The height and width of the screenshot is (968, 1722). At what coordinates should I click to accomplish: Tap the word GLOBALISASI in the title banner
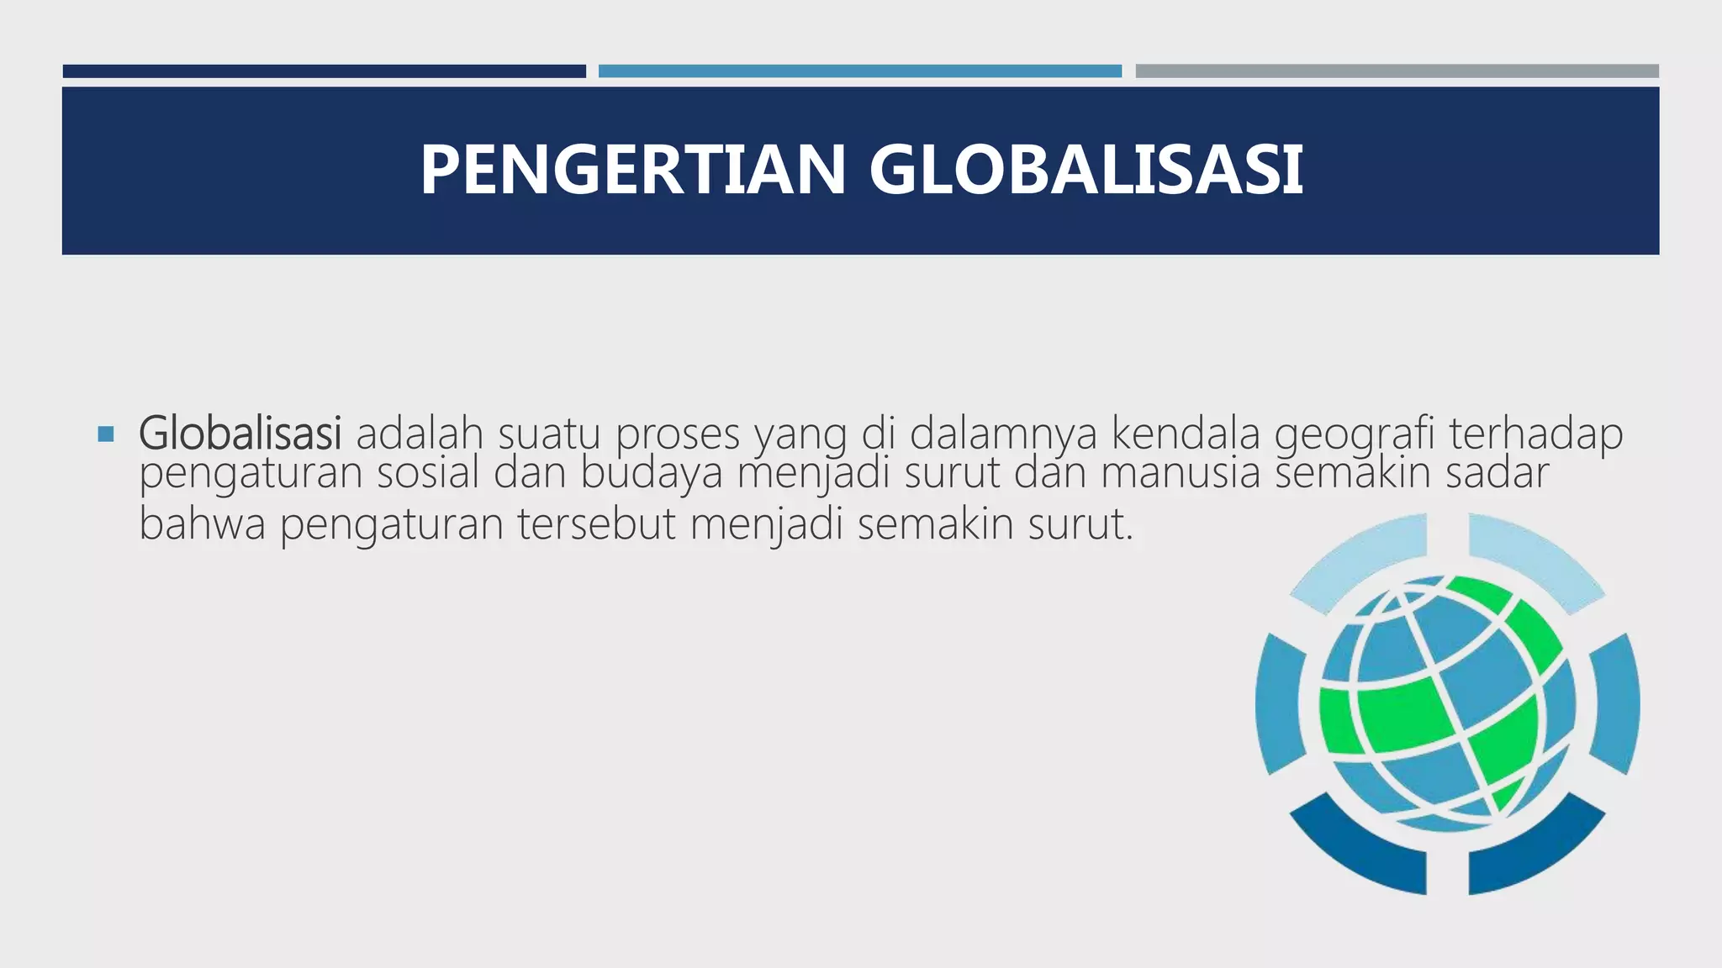tap(1085, 171)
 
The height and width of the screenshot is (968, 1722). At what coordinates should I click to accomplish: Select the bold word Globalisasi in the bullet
tap(240, 434)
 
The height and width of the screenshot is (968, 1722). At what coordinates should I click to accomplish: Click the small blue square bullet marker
tap(105, 434)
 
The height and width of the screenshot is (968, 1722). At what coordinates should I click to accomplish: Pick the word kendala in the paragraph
tap(1186, 434)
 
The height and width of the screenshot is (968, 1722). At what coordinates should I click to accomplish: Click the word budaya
tap(652, 473)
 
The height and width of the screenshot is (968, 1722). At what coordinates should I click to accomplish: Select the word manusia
tap(1181, 473)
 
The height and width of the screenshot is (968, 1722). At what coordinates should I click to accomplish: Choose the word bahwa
tap(202, 524)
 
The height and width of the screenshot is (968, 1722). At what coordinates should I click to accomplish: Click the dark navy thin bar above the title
tap(324, 71)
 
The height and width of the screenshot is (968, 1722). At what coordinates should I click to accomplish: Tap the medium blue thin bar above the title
tap(859, 71)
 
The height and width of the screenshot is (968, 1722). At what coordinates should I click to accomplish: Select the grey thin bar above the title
tap(1397, 71)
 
